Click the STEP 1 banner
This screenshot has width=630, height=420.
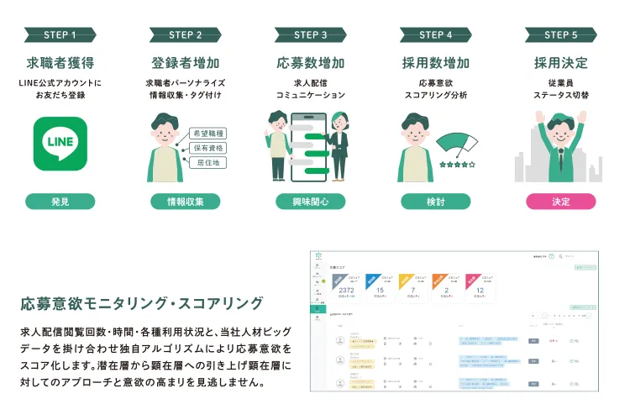point(60,34)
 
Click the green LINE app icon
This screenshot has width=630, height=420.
point(60,144)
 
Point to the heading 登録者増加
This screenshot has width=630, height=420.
point(186,63)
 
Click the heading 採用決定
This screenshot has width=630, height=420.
point(561,63)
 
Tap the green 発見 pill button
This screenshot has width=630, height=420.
point(60,202)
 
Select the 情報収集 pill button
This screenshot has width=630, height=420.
point(186,202)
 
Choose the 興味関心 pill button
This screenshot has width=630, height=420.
point(311,202)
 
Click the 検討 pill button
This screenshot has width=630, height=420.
point(435,202)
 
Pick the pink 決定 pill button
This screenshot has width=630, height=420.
point(561,202)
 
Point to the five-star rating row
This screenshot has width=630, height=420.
point(457,165)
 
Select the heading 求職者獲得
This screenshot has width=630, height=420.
point(60,63)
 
